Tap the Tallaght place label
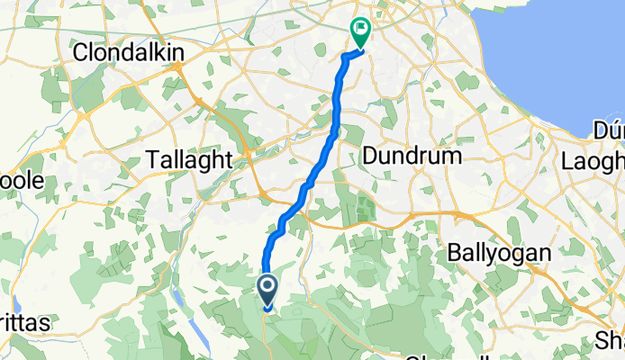click(x=190, y=160)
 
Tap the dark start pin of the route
click(x=268, y=290)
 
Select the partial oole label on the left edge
click(x=22, y=180)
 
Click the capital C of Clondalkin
click(x=80, y=53)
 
